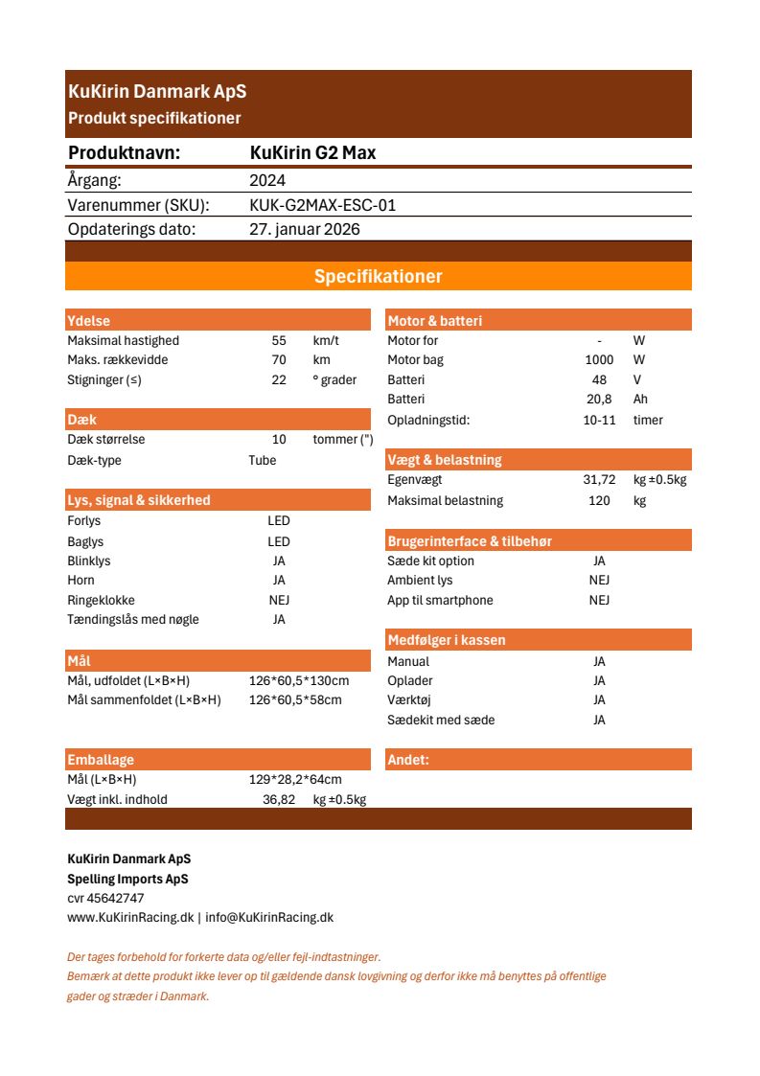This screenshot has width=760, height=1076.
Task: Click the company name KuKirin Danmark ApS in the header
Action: (x=157, y=92)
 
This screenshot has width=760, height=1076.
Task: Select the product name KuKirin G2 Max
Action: (x=312, y=153)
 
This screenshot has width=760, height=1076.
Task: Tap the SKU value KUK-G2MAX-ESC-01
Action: (x=322, y=205)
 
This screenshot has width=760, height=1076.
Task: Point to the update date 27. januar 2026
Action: (x=305, y=230)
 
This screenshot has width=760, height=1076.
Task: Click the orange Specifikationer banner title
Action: (x=379, y=277)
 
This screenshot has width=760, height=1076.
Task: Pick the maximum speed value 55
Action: (x=279, y=341)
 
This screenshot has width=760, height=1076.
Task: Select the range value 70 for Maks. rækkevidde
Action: (x=279, y=360)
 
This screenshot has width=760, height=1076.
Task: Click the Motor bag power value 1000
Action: (x=599, y=360)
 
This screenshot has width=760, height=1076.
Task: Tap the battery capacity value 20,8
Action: (x=599, y=400)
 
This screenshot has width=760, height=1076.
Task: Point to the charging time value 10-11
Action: (x=599, y=420)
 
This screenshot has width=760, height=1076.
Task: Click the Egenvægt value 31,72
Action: (x=599, y=480)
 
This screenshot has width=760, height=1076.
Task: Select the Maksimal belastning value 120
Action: (x=599, y=500)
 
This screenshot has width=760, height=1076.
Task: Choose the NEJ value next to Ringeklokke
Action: (x=279, y=600)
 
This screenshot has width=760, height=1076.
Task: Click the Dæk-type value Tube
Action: (x=262, y=460)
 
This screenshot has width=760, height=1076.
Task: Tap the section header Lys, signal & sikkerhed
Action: (x=138, y=500)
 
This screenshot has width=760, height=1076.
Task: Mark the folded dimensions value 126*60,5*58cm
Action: (x=295, y=699)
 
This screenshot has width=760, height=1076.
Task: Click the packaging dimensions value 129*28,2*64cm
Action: (x=295, y=780)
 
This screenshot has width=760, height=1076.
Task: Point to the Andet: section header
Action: (x=408, y=761)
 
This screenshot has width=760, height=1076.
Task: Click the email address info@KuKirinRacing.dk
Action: (x=269, y=918)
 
